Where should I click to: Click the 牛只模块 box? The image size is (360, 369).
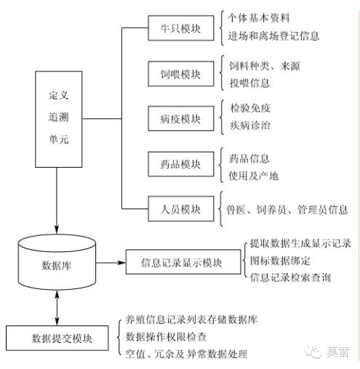coord(181,28)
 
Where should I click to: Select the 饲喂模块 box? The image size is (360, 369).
coord(181,74)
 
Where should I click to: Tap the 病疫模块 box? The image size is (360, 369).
coord(181,118)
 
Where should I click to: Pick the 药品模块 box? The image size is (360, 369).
coord(181,164)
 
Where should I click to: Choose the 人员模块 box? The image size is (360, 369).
coord(181,209)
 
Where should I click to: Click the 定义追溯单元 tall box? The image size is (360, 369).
coord(59,119)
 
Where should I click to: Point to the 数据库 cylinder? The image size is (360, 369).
coord(57,262)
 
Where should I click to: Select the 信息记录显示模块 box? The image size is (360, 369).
coord(183,262)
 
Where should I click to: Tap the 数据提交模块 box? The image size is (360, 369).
coord(57,338)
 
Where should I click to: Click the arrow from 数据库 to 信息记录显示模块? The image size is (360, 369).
coord(111,262)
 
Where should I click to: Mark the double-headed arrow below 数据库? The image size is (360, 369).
coord(57,308)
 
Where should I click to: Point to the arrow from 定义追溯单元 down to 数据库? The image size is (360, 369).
coord(57,200)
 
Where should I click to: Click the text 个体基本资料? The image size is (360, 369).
coord(259,18)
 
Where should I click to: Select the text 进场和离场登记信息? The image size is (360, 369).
coord(273,36)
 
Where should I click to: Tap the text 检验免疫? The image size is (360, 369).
coord(250,108)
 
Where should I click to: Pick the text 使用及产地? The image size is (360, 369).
coord(253,176)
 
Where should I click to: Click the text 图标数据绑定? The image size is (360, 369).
coord(280,261)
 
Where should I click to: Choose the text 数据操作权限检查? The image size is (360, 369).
coord(166,336)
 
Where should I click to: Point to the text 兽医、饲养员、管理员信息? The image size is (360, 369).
coord(287,209)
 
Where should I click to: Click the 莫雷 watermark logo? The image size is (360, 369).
coord(328,352)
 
